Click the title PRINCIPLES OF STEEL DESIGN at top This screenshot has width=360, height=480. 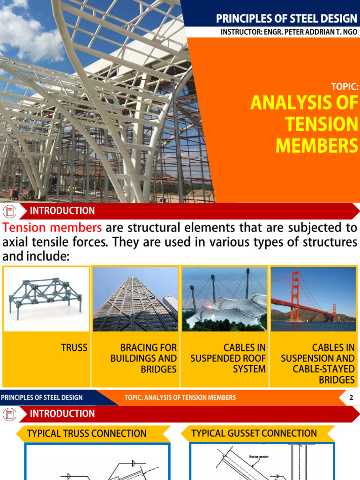click(x=286, y=19)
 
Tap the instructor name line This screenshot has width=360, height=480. click(x=289, y=32)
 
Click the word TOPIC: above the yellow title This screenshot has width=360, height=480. click(x=345, y=87)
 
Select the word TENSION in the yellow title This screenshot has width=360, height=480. click(x=321, y=124)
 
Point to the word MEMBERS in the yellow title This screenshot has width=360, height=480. click(x=316, y=145)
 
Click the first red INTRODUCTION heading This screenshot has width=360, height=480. click(x=62, y=211)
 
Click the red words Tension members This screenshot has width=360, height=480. click(x=52, y=228)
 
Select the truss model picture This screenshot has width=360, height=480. click(x=45, y=299)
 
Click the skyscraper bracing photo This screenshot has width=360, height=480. click(x=135, y=299)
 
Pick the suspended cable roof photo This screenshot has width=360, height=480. click(x=225, y=299)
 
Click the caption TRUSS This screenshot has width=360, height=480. click(x=74, y=348)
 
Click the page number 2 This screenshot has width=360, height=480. click(x=351, y=398)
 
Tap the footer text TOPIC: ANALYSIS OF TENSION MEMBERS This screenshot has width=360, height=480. click(x=180, y=398)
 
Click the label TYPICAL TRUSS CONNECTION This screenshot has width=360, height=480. click(x=87, y=434)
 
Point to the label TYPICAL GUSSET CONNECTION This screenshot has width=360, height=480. click(x=254, y=434)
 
